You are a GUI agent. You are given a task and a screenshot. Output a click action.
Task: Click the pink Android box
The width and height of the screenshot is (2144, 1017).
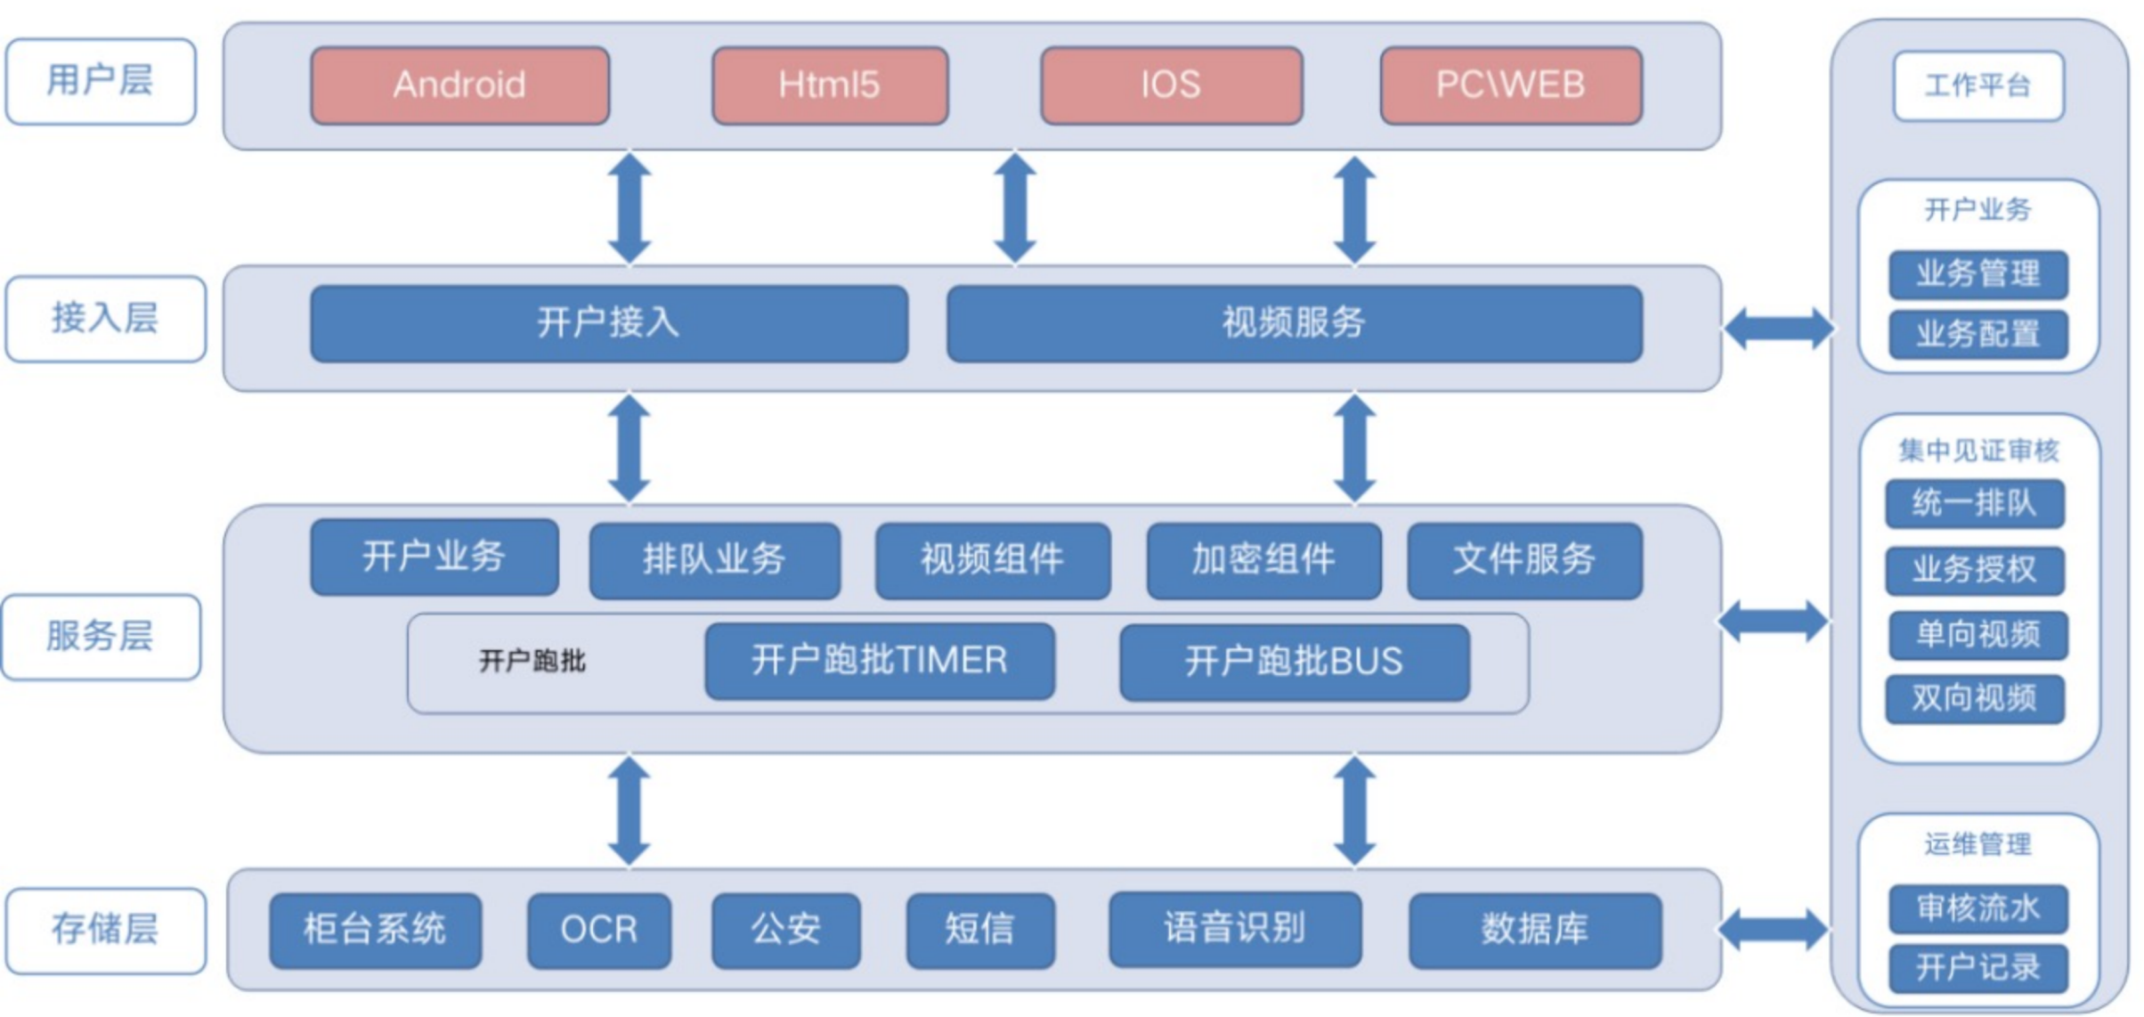tap(460, 85)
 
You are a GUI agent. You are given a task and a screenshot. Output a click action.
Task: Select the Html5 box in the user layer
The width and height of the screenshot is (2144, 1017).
tap(830, 85)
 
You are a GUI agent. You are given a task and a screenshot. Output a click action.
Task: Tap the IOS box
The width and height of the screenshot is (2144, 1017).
tap(1172, 85)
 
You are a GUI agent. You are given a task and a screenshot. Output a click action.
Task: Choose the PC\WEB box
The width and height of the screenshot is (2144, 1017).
tap(1511, 85)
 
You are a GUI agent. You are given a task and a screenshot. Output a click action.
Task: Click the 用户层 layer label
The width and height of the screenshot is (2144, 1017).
tap(101, 81)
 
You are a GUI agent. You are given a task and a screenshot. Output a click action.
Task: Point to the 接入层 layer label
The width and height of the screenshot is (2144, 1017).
tap(105, 319)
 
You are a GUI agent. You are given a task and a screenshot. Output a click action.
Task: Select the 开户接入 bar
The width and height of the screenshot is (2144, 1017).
tap(609, 323)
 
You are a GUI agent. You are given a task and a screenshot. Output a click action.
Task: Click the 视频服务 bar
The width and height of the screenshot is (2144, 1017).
tap(1295, 323)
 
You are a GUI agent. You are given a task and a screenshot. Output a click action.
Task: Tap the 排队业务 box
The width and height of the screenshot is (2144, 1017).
tap(715, 560)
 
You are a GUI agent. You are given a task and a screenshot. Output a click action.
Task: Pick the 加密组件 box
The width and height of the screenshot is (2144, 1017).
tap(1264, 560)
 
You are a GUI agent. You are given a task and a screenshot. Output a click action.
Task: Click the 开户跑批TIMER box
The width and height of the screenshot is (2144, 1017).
tap(880, 661)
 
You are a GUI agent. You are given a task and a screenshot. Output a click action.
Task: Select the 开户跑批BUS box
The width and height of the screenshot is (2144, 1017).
tap(1295, 662)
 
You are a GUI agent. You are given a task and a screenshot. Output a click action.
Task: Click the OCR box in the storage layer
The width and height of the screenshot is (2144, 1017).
tap(599, 931)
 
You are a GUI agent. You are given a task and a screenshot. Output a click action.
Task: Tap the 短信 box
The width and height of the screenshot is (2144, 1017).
tap(980, 931)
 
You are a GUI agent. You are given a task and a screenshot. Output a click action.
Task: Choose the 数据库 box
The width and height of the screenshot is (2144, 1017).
tap(1535, 931)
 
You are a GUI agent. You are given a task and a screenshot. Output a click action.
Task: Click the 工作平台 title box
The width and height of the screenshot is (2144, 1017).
tap(1978, 85)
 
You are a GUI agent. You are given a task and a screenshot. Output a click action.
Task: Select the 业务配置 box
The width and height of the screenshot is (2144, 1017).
tap(1978, 335)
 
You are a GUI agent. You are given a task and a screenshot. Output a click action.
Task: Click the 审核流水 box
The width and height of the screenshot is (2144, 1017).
tap(1978, 908)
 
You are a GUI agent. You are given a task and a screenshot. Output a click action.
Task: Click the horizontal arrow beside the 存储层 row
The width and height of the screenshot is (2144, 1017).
tap(1773, 931)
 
